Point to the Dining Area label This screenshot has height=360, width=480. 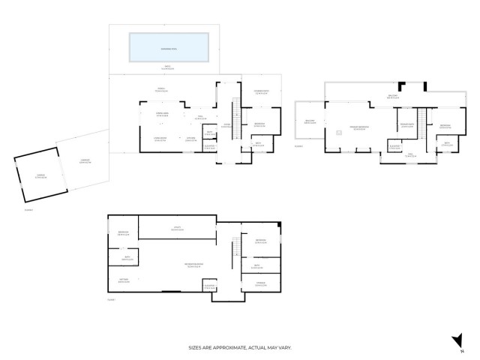[x=161, y=115]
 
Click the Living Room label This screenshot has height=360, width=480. [x=160, y=139]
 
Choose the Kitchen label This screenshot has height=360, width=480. [x=190, y=139]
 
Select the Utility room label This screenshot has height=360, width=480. [x=177, y=228]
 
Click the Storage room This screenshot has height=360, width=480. [x=260, y=283]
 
